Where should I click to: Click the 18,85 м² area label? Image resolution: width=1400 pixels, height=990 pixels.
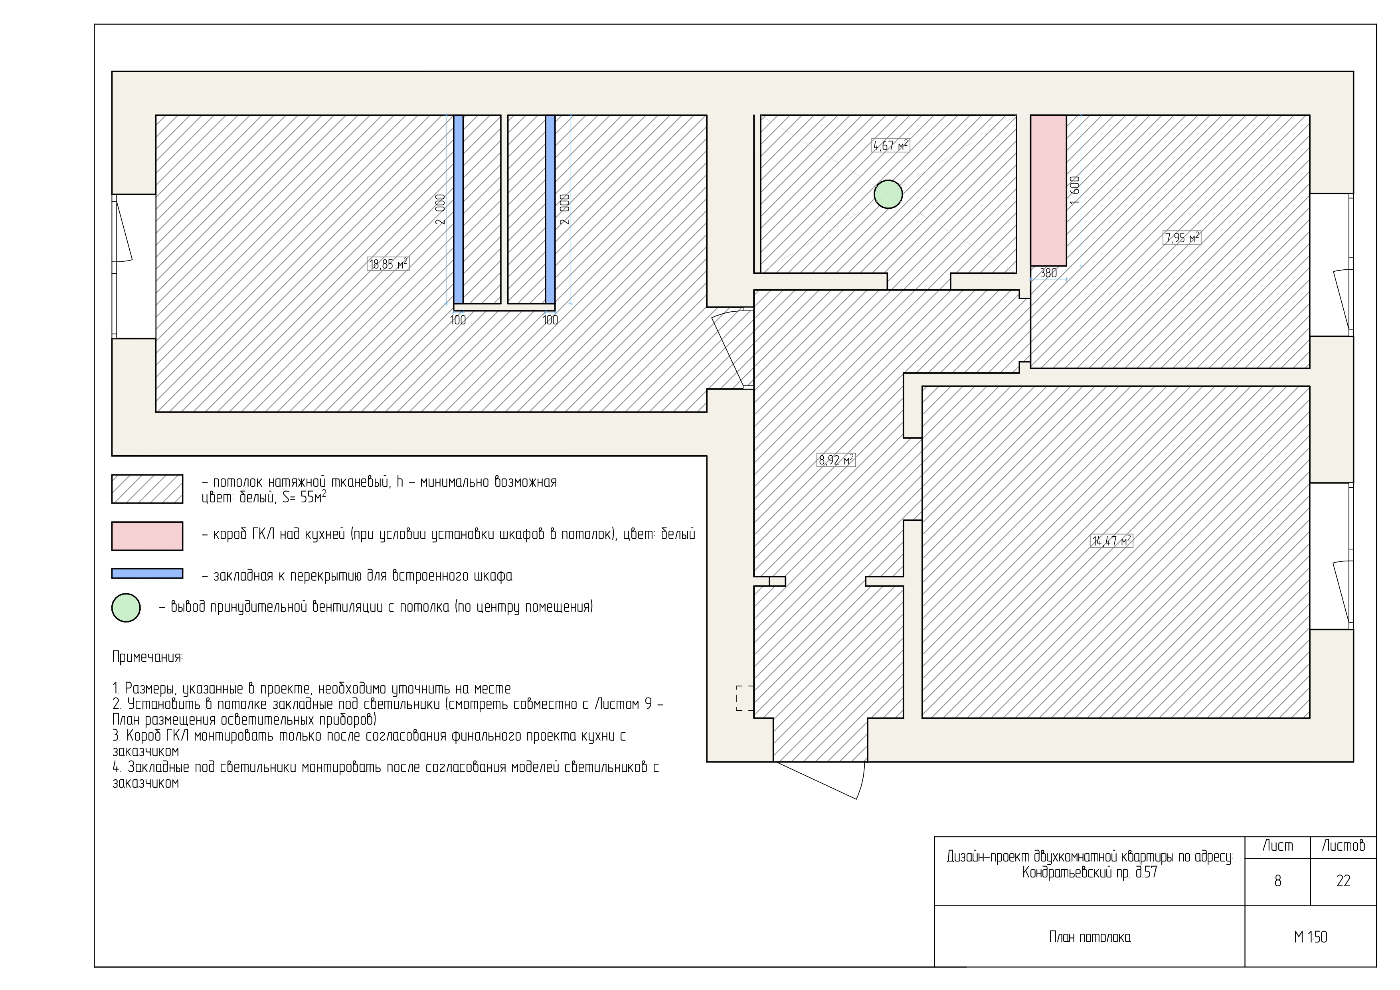[388, 264]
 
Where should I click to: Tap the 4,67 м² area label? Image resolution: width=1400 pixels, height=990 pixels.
[890, 146]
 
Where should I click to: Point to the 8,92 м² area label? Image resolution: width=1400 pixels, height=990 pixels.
[836, 460]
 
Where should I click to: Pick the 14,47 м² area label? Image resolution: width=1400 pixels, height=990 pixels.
[1111, 541]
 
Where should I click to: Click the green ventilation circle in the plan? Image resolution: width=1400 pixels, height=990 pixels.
[888, 194]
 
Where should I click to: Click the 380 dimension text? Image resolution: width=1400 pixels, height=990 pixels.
[1048, 273]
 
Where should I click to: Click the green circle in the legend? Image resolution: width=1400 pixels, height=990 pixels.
[126, 607]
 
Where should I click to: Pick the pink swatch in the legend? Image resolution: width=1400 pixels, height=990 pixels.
[147, 536]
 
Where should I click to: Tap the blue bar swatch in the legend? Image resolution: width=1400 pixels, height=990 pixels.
[147, 574]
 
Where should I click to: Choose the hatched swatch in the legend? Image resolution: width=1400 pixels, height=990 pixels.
[147, 489]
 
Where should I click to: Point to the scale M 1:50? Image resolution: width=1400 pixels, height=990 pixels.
[1310, 937]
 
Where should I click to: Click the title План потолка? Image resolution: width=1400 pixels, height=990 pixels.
[1090, 937]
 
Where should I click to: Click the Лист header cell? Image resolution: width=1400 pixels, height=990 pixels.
[1277, 846]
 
